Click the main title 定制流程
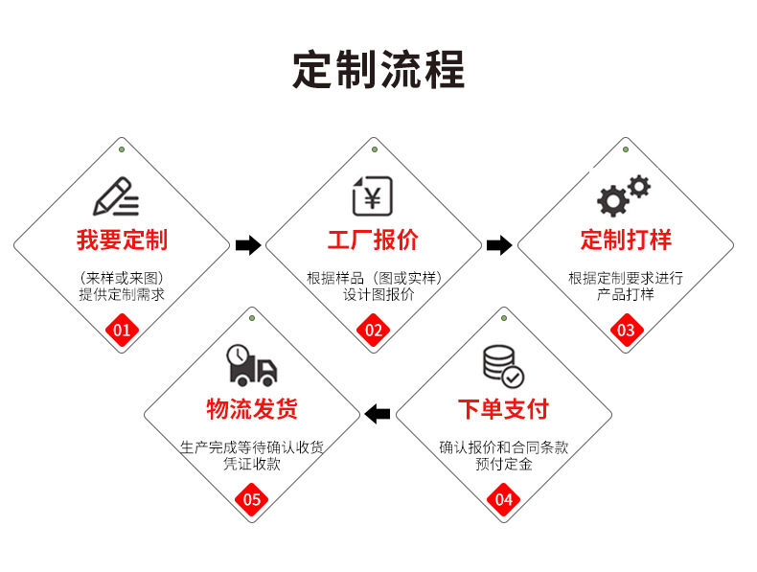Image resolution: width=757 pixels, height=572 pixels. tap(378, 71)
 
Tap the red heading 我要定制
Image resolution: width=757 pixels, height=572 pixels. tap(122, 240)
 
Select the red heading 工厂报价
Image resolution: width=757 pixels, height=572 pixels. tap(374, 240)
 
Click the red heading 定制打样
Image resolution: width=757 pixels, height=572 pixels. tap(626, 240)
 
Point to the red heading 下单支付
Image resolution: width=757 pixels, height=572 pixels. tap(503, 409)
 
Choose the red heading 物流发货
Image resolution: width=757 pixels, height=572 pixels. tap(252, 409)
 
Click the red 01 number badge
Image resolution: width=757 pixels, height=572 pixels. tap(122, 332)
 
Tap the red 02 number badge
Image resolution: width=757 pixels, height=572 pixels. tap(374, 332)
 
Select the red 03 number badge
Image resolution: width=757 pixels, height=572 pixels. tap(626, 332)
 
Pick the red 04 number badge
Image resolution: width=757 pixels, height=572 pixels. tap(504, 499)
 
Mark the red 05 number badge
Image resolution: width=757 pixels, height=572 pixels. tap(252, 499)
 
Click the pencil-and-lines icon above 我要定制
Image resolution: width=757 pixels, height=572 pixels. tap(116, 196)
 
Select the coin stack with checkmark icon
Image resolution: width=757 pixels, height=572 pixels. tap(502, 365)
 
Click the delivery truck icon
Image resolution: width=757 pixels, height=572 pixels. tap(251, 365)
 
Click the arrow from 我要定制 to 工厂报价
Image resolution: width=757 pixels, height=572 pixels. tap(248, 245)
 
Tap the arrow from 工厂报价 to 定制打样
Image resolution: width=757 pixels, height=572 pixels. tap(499, 245)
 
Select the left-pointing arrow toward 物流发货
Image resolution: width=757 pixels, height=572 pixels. tap(378, 414)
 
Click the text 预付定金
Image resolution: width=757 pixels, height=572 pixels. tap(503, 465)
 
